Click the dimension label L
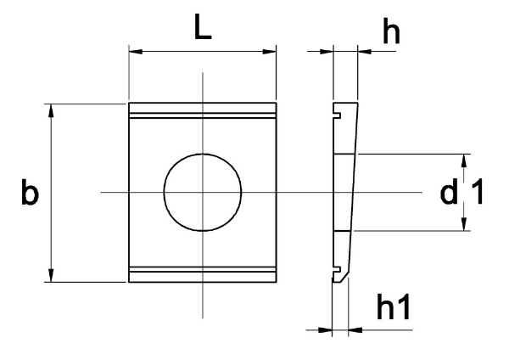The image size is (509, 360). click(203, 26)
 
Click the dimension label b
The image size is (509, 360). click(30, 192)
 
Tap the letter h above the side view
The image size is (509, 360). click(391, 31)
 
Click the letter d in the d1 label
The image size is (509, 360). click(449, 192)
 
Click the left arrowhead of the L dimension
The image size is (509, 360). click(136, 51)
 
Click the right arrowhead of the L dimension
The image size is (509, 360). click(270, 51)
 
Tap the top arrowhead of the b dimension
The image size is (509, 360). click(51, 110)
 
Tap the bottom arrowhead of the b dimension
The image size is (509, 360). click(51, 275)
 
